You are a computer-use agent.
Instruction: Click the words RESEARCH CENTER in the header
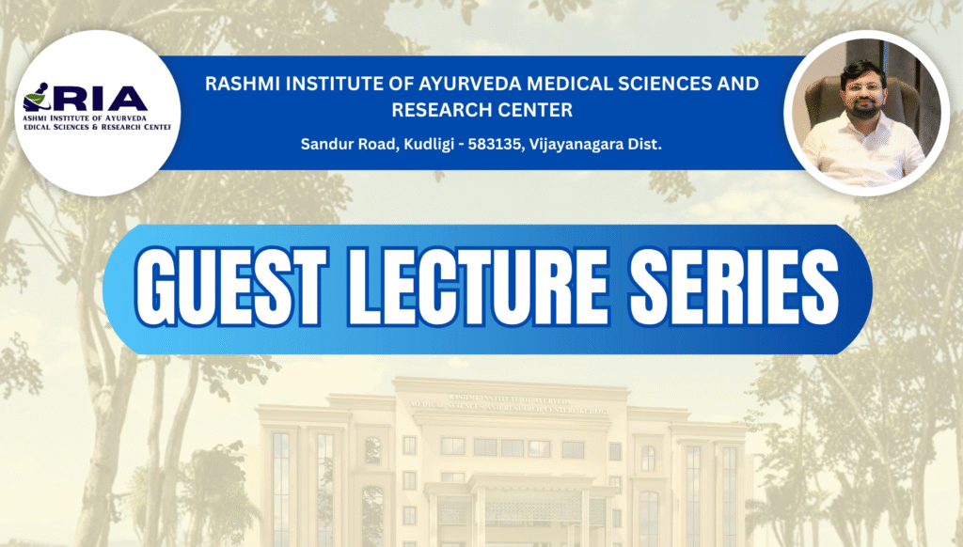[481, 110]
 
